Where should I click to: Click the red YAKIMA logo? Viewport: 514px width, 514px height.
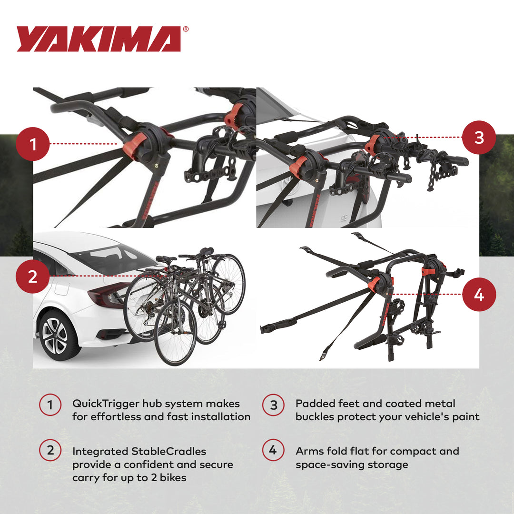point(99,39)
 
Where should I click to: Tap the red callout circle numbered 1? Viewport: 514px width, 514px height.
point(33,143)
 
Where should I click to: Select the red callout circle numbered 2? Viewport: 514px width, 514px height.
point(33,277)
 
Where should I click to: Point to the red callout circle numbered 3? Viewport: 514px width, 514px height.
point(479,137)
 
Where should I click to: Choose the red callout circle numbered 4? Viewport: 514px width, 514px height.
point(479,294)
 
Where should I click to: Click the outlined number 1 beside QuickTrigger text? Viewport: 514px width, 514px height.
point(50,405)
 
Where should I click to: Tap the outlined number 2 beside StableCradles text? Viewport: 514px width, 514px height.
point(50,451)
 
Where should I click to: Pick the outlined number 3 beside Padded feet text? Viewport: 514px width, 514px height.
point(274,405)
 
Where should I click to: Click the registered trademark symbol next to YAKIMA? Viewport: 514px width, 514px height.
point(185,30)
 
